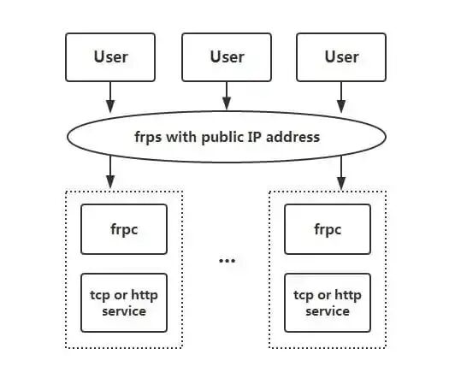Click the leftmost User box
(x=110, y=56)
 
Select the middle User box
(x=227, y=56)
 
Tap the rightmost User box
(x=341, y=56)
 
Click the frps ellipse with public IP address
(x=227, y=137)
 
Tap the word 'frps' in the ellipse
(x=149, y=137)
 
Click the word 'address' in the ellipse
(x=293, y=137)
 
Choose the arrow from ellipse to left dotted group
(x=110, y=173)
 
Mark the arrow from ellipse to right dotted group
(x=341, y=173)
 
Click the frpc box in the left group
(x=124, y=229)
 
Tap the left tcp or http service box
(x=124, y=303)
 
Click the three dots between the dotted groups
(x=227, y=259)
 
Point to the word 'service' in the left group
(x=124, y=311)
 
